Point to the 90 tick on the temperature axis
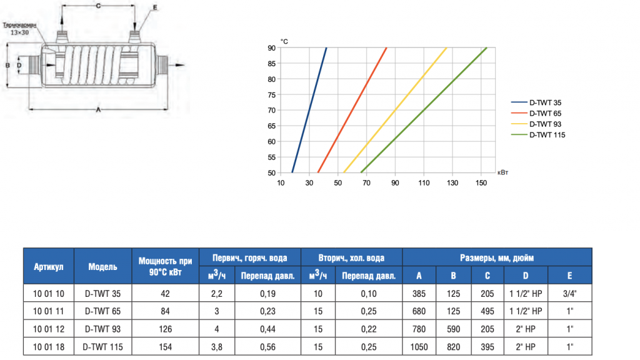coord(272,47)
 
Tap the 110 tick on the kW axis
coord(424,182)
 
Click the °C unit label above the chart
coord(284,41)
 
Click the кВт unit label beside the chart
coord(502,172)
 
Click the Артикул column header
coord(49,266)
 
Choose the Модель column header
coord(102,266)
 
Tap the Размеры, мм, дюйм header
coord(497,257)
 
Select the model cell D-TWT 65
coord(102,311)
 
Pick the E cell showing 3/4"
coord(569,293)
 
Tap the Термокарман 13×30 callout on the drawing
coord(20,29)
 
